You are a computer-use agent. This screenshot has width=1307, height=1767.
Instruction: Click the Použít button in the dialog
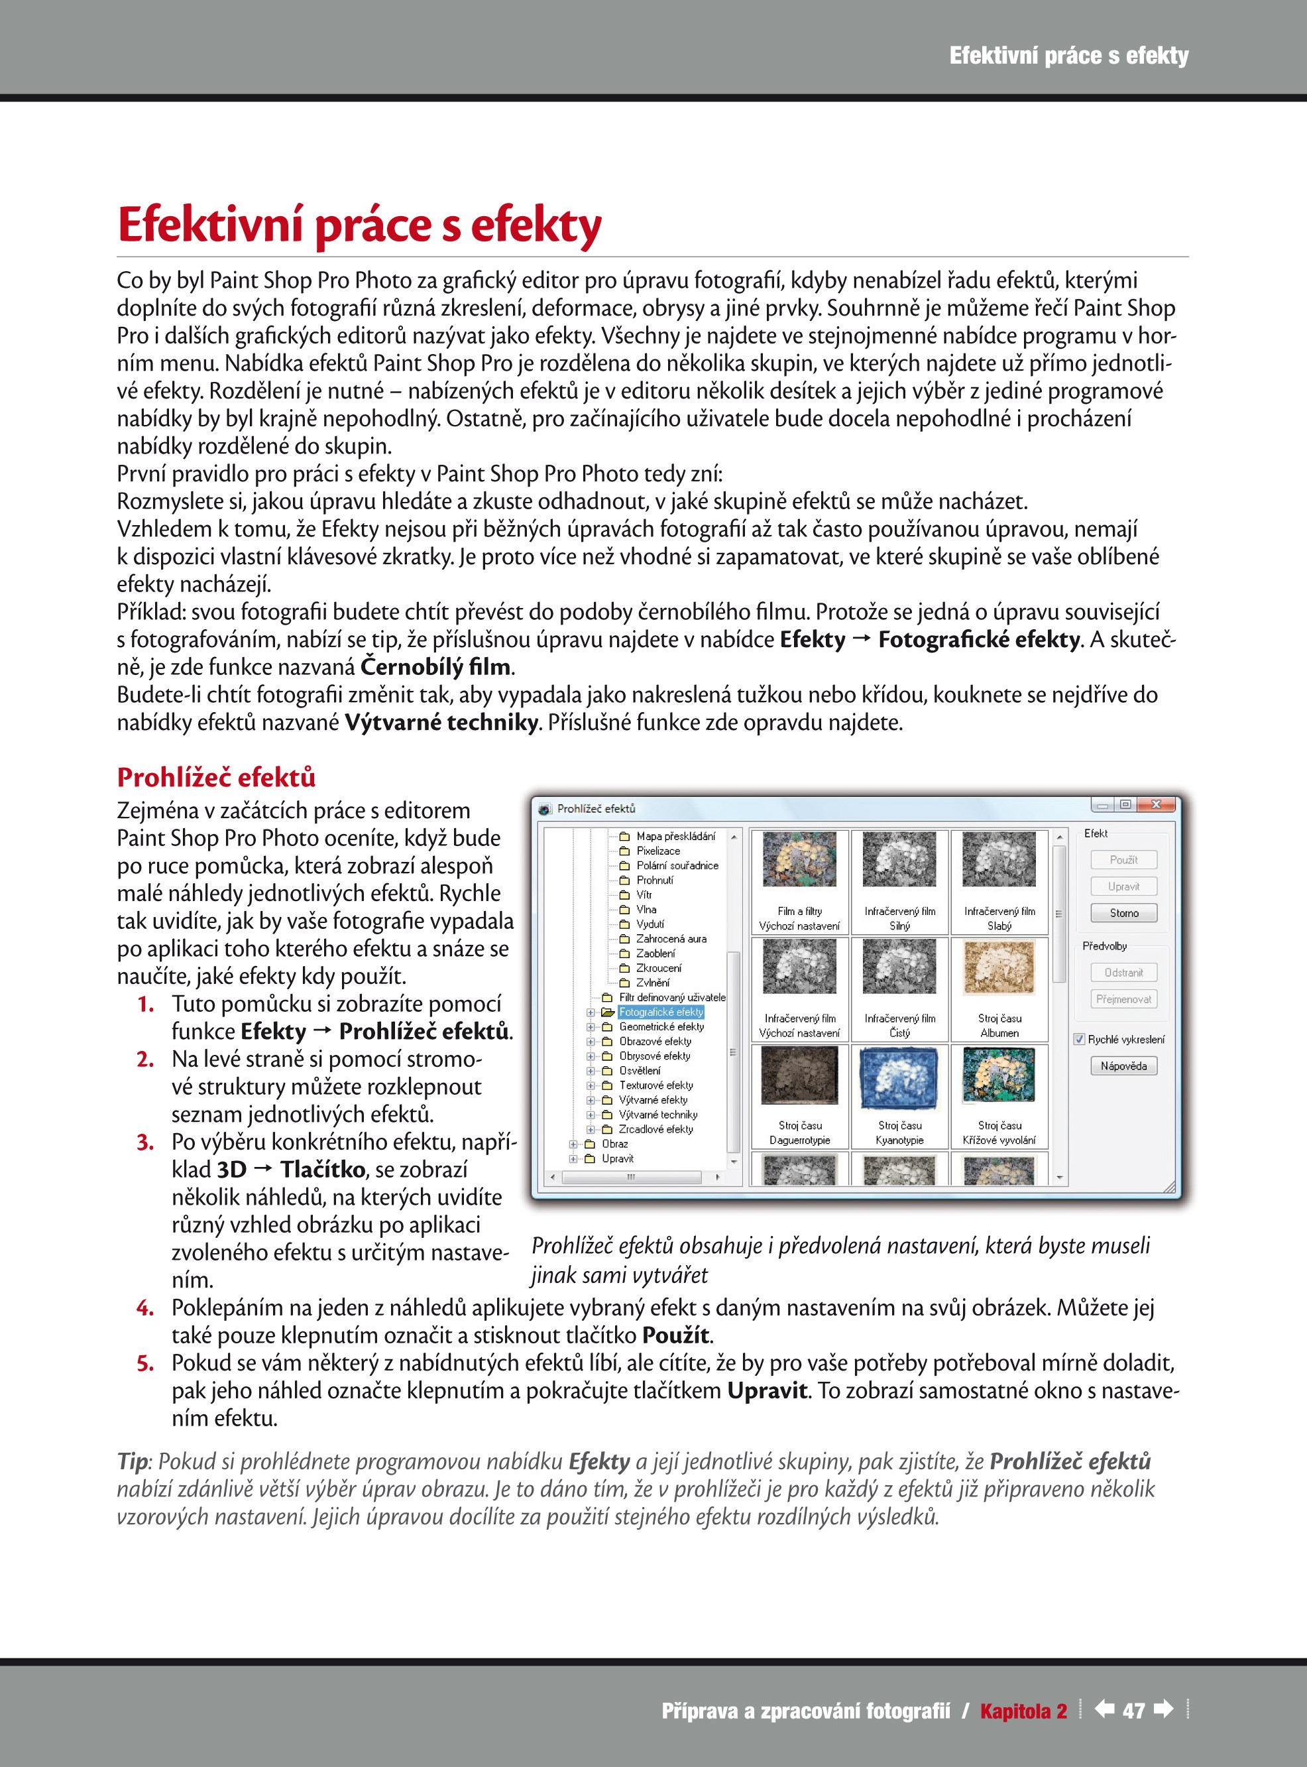point(1123,859)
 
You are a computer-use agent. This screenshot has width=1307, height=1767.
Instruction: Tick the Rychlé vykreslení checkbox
point(1079,1039)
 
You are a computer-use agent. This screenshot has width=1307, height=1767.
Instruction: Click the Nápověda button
point(1123,1066)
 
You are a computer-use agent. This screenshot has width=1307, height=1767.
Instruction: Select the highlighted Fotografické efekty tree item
point(661,1012)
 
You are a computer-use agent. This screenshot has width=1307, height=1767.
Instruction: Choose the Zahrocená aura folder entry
point(671,938)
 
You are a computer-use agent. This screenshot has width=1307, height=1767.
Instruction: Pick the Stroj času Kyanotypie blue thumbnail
point(899,1077)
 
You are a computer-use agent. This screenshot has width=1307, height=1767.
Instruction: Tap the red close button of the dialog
point(1156,805)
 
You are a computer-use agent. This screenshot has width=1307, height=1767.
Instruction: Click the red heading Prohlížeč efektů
point(216,777)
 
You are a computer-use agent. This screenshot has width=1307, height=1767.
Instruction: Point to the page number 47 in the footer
point(1134,1711)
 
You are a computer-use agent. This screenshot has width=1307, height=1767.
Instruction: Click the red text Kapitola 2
point(1023,1711)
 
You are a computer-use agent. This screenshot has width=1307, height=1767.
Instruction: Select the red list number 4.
point(144,1308)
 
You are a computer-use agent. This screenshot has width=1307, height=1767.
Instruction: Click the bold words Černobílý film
point(435,667)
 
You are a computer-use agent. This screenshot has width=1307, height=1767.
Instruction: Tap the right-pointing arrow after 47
point(1163,1709)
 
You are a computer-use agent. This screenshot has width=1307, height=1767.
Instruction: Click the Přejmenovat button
point(1123,999)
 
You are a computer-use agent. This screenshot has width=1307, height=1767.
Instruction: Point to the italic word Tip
point(132,1461)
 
